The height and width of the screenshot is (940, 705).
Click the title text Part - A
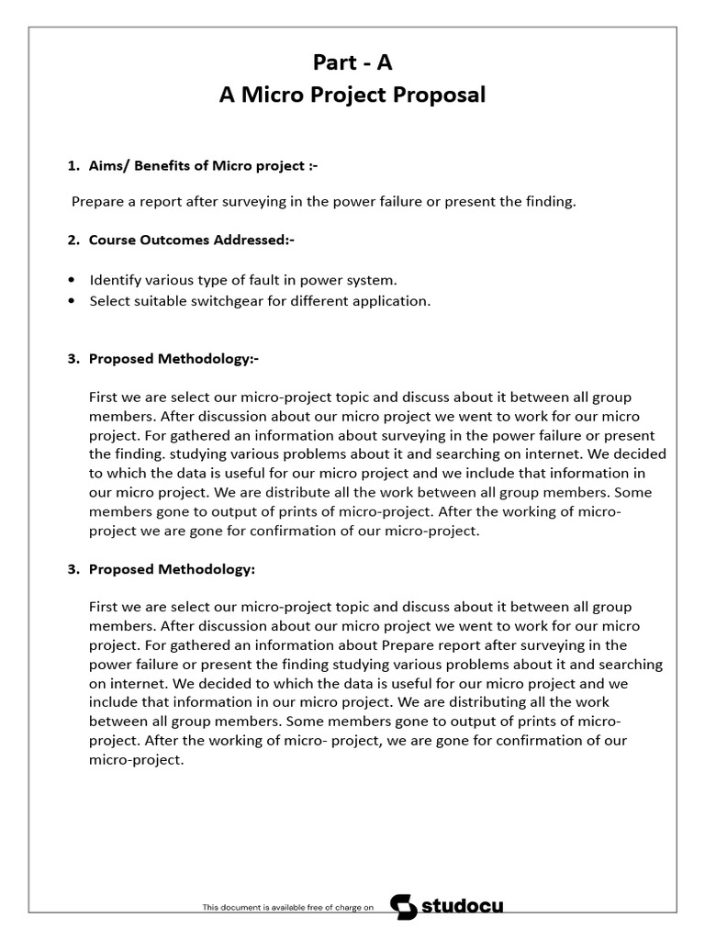tap(352, 62)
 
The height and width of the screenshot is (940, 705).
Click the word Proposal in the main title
tap(439, 95)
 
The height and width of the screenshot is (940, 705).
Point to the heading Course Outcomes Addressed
tap(191, 240)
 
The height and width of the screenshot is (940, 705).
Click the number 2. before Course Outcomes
tap(73, 240)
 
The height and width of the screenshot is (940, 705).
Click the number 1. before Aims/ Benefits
tap(73, 165)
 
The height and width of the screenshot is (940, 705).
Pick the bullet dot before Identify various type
tap(73, 280)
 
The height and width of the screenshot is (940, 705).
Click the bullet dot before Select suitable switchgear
tap(73, 301)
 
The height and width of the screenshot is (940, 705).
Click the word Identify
tap(115, 280)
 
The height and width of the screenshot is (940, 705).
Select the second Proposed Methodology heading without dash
tap(172, 569)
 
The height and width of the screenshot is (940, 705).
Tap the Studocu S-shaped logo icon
tap(404, 906)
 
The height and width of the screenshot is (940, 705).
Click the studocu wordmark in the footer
tap(462, 907)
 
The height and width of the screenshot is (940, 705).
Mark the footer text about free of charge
tap(288, 907)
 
